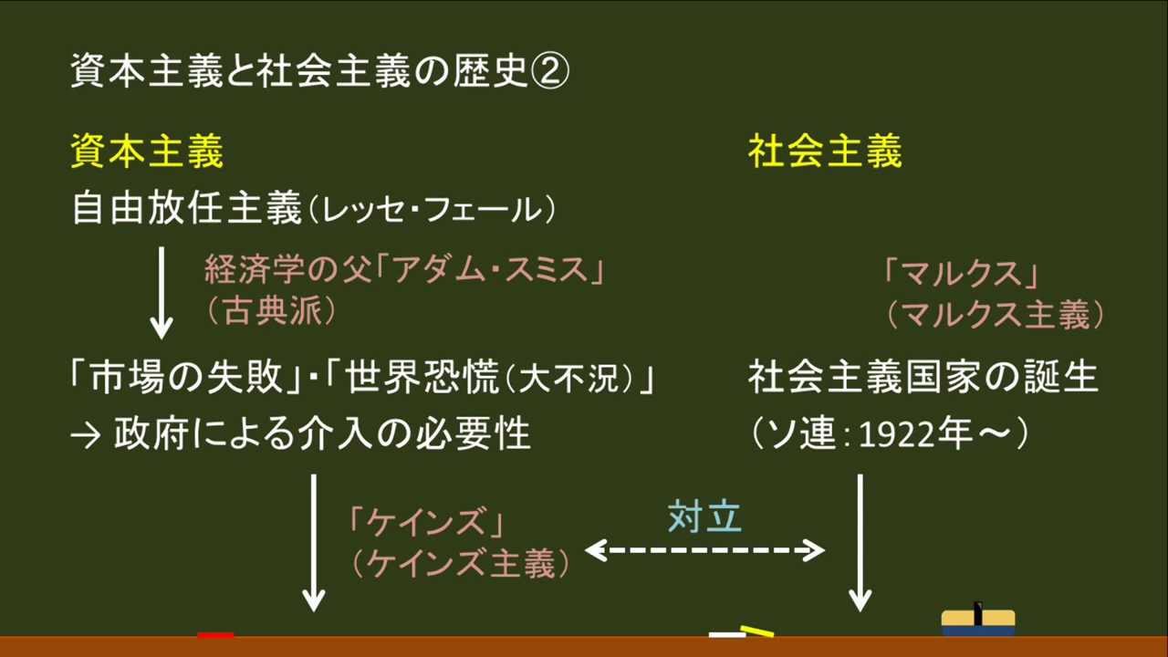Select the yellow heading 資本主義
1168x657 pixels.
point(147,151)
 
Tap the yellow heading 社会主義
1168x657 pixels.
point(825,151)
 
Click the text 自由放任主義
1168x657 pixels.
point(185,211)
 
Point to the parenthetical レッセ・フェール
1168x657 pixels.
point(432,212)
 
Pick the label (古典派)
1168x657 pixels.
point(271,312)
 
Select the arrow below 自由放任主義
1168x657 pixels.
point(162,290)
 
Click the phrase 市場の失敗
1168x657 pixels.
point(187,379)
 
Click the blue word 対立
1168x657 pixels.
point(704,516)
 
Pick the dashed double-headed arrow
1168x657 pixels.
point(704,550)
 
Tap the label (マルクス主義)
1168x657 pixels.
point(995,315)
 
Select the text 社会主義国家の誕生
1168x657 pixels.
point(923,378)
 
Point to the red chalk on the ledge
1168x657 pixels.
point(215,633)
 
